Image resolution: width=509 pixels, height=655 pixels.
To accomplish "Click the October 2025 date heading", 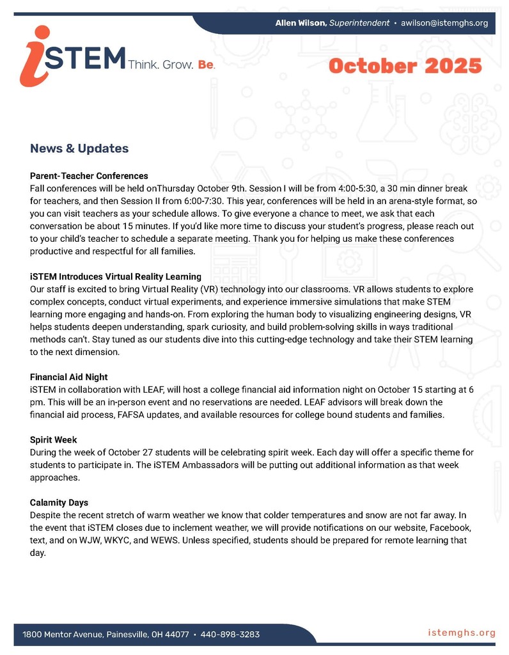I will pos(405,66).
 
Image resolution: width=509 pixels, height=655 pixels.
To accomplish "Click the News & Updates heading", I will pos(79,148).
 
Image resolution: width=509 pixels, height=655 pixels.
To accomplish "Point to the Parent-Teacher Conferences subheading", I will pos(89,176).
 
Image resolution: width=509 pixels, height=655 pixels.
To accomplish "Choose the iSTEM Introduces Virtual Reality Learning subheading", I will pos(116,277).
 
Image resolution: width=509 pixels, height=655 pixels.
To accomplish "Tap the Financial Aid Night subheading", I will pos(74,377).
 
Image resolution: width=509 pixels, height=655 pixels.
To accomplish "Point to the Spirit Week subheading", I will pos(54,440).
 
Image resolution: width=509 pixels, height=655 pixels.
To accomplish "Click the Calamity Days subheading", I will pos(59,503).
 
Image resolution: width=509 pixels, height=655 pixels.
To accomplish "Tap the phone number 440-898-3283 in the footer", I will pos(230,635).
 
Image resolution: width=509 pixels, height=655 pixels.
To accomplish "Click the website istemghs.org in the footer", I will pos(462,633).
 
